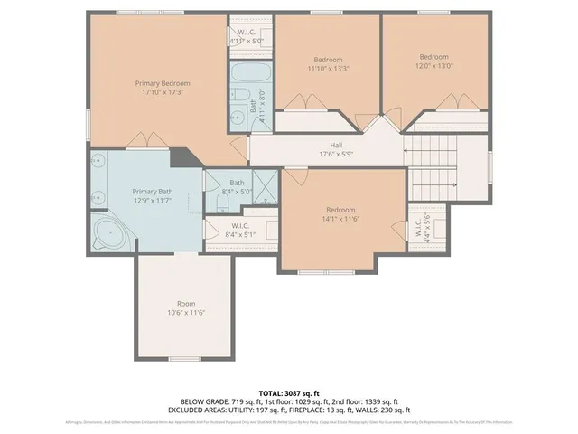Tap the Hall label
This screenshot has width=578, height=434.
coord(335,144)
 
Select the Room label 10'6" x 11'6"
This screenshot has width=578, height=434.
coord(186,307)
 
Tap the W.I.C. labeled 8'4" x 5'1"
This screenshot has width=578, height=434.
coord(240,230)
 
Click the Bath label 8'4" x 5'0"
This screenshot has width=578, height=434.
coord(237,186)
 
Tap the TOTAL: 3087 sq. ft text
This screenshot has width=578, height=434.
coord(288,393)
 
